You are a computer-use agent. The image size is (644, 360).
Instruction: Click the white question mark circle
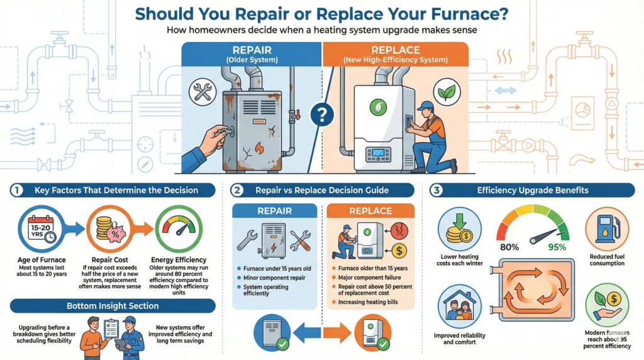(322, 114)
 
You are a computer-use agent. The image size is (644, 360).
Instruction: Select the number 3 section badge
(438, 190)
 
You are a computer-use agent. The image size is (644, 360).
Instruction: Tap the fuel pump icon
(607, 228)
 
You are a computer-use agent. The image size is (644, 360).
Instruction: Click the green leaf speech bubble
(448, 93)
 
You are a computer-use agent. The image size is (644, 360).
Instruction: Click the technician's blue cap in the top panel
(425, 105)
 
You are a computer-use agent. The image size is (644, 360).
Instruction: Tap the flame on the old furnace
(258, 149)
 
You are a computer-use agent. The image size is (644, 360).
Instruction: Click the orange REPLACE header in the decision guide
(370, 211)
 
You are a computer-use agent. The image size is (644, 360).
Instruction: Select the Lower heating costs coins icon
(460, 228)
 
